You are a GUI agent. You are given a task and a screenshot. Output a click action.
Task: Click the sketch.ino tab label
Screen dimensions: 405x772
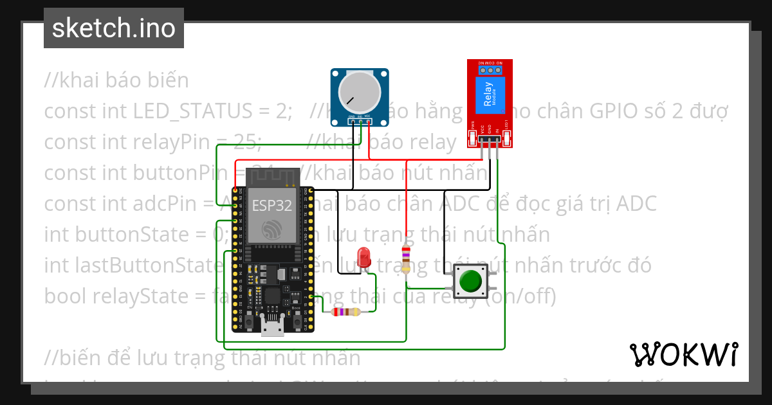click(x=114, y=28)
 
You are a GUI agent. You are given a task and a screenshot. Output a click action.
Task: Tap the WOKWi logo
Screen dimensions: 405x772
click(x=683, y=354)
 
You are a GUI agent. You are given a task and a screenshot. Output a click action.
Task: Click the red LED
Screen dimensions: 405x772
click(x=365, y=255)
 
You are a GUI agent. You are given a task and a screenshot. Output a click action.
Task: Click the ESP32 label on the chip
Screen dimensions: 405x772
click(x=271, y=206)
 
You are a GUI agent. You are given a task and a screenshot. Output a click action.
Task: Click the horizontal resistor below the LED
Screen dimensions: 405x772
click(x=345, y=312)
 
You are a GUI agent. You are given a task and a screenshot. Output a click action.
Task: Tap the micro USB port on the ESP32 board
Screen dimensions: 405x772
click(x=273, y=327)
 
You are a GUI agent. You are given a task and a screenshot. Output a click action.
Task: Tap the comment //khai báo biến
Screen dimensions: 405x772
click(x=116, y=80)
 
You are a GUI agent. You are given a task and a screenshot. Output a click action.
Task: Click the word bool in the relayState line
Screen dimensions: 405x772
click(x=59, y=296)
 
